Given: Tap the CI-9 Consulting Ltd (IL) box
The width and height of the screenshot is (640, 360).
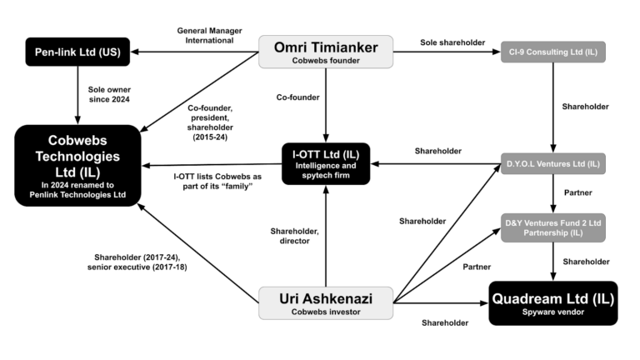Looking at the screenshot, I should (552, 52).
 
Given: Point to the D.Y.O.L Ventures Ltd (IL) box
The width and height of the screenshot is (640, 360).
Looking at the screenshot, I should (552, 163).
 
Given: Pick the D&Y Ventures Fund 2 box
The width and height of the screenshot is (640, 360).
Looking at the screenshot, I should (552, 227).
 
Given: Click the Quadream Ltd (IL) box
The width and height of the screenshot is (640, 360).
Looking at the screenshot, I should (552, 302).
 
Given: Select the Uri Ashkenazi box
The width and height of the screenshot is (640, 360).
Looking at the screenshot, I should (325, 302).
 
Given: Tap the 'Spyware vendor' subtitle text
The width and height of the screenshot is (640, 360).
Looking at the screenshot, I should (552, 312).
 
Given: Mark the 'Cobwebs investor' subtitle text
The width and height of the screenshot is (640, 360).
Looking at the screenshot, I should (325, 312).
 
